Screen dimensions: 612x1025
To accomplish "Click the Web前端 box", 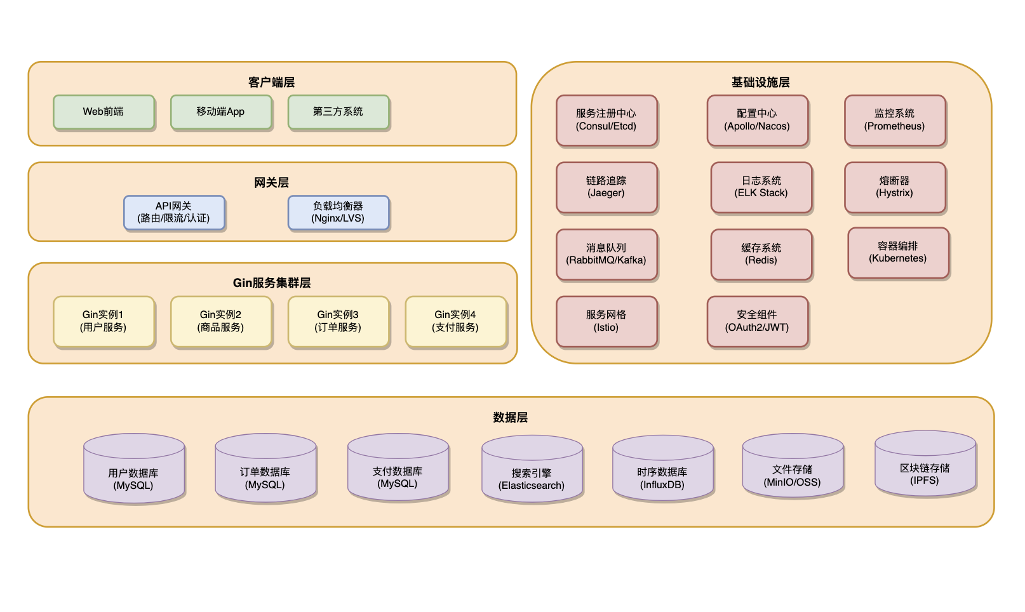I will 104,112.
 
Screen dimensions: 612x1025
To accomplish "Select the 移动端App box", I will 221,112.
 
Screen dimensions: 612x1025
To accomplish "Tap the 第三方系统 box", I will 338,112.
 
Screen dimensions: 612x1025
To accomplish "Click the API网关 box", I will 174,213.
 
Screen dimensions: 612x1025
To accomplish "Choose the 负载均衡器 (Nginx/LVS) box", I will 338,213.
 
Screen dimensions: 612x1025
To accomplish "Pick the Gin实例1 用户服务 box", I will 104,321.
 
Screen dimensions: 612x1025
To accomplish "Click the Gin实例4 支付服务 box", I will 455,321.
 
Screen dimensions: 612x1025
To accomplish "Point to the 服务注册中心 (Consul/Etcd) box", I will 606,120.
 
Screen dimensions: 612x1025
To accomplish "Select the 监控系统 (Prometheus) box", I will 894,120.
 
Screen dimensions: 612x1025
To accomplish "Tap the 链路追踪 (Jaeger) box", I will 606,187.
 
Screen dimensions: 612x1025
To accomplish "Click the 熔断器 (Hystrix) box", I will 894,187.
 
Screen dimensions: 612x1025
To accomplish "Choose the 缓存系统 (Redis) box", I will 761,254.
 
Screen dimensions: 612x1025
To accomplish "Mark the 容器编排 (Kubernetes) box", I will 898,253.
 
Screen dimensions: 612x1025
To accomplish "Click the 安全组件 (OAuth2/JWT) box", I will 757,321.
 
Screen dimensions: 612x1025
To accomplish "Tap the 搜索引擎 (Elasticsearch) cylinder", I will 532,476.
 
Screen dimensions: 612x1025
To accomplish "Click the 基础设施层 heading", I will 760,83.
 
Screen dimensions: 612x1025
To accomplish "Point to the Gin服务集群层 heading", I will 272,283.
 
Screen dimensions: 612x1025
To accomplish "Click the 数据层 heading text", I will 510,418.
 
